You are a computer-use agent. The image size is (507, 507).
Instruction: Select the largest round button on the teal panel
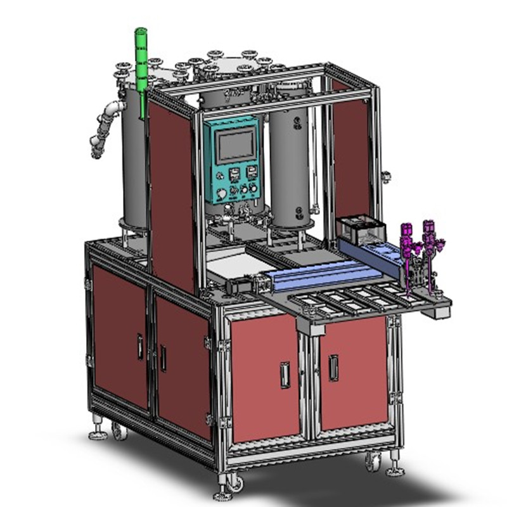coord(221,194)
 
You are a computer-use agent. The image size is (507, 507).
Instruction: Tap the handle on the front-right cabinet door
coord(333,368)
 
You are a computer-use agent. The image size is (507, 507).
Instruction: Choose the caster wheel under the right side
coord(373,463)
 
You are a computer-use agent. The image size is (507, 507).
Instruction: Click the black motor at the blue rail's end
coord(243,286)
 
